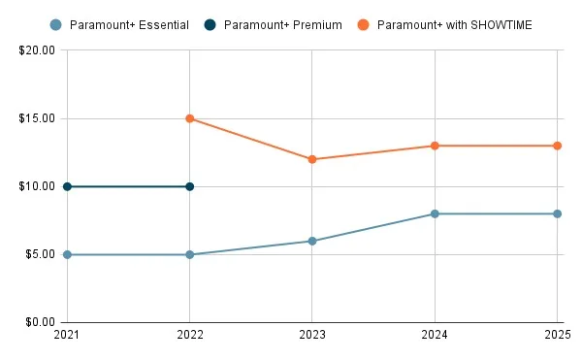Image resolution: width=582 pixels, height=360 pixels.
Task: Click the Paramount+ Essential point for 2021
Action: pos(67,254)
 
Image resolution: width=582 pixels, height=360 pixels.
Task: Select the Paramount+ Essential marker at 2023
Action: pos(312,241)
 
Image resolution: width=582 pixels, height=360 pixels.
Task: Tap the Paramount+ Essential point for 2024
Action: pos(435,213)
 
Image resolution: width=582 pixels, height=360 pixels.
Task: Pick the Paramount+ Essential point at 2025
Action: pos(558,213)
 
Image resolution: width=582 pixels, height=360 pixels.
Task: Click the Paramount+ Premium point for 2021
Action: pos(67,186)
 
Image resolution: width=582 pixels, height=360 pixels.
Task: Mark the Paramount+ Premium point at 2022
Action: pos(189,186)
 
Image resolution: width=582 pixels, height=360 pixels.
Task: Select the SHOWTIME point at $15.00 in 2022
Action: pos(189,118)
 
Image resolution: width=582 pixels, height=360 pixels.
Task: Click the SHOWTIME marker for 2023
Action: pos(312,159)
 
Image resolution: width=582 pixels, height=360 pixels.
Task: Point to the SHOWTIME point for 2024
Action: pos(435,146)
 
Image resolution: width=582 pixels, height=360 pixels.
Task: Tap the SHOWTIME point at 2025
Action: pos(558,146)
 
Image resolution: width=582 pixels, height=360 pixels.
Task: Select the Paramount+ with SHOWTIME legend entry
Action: pos(453,24)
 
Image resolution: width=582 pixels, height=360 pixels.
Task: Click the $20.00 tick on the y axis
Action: pos(36,50)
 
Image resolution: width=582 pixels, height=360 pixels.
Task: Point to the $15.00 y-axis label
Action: pos(36,118)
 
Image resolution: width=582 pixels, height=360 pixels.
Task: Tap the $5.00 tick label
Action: pos(39,254)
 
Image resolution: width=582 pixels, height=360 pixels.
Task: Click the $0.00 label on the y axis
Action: pos(39,322)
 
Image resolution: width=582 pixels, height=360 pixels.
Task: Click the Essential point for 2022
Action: pos(189,254)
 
